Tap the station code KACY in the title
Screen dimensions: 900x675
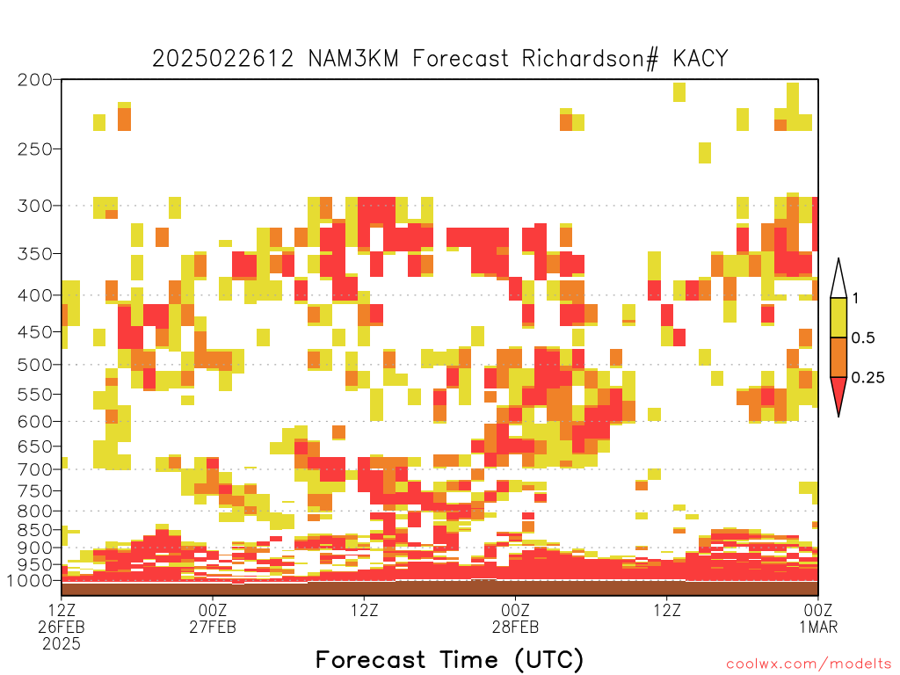(x=700, y=59)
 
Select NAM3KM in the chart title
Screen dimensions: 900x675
(x=353, y=59)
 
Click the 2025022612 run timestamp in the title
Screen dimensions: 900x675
(x=222, y=59)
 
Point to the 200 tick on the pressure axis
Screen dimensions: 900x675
(x=35, y=80)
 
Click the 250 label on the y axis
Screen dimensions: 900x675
(x=35, y=149)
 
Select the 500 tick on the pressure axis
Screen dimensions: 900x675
(x=35, y=365)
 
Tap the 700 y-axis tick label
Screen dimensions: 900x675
(x=35, y=469)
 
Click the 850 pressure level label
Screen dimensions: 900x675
(x=35, y=530)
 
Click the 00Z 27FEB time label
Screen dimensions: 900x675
(x=213, y=618)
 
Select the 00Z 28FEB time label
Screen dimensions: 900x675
(x=515, y=618)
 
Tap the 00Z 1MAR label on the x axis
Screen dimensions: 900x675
(x=818, y=618)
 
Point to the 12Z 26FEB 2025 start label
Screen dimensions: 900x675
(x=62, y=627)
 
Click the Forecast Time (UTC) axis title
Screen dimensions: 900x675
(x=449, y=660)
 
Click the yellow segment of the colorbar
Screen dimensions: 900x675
(x=838, y=317)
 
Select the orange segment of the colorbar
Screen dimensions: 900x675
(x=838, y=357)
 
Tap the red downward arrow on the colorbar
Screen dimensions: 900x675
(x=838, y=394)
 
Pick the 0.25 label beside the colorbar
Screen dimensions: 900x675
(x=867, y=378)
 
